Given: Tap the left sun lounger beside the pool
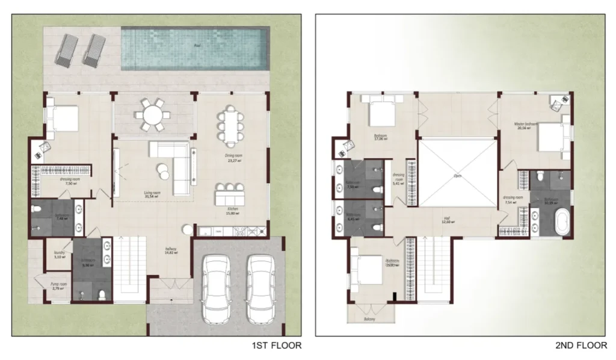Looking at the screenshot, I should click(67, 51).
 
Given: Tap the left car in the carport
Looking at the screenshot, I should click(216, 288).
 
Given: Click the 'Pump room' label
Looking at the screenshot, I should click(58, 285).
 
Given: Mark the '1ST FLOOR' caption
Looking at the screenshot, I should click(277, 346).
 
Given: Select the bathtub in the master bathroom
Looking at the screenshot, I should click(563, 223).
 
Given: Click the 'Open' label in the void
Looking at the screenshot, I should click(457, 176).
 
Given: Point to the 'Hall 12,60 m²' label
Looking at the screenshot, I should click(447, 220).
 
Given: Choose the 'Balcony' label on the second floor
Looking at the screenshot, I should click(369, 319).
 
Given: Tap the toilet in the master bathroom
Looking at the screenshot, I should click(540, 176).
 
